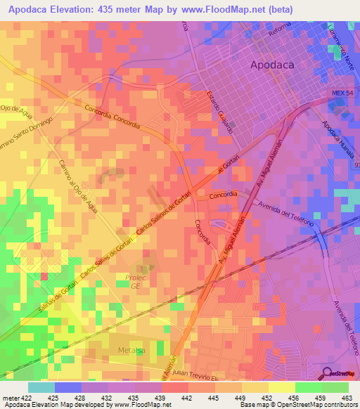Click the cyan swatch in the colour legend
[41, 387]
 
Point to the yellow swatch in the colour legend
[281, 387]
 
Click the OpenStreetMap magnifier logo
[328, 373]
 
